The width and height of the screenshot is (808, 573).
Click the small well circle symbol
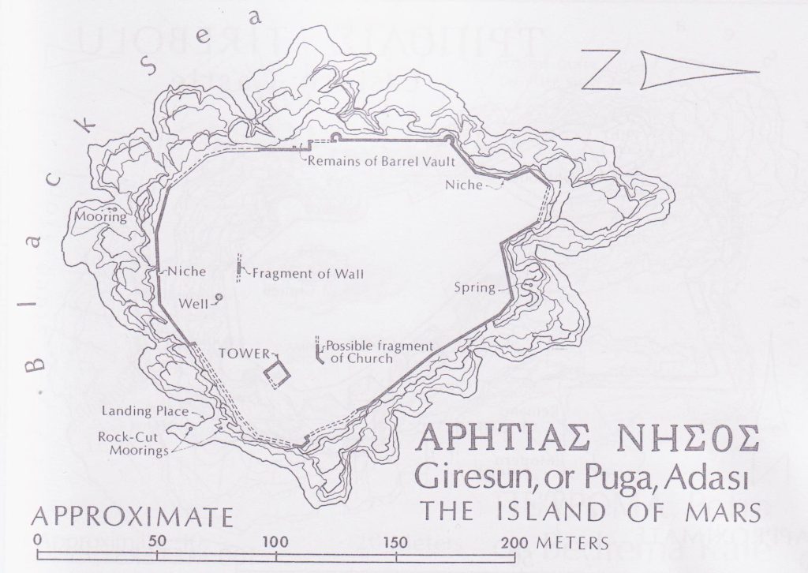(x=218, y=298)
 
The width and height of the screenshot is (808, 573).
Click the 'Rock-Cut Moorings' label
(x=133, y=444)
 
